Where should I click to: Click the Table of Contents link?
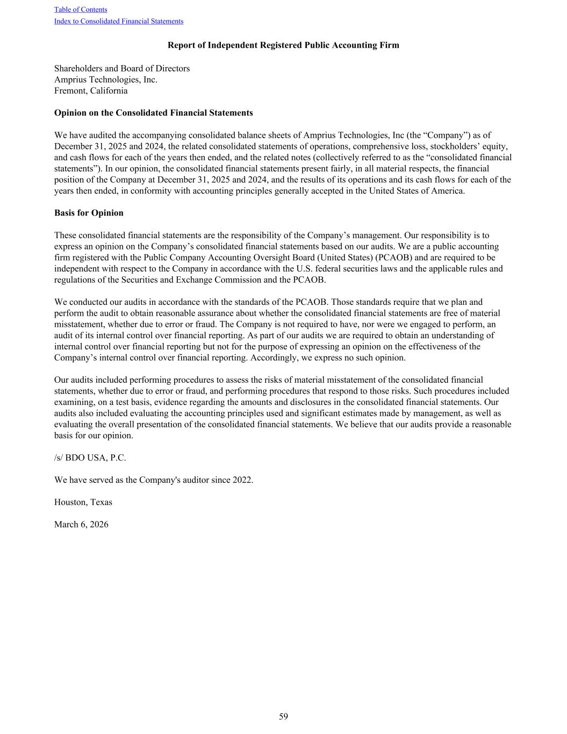81,10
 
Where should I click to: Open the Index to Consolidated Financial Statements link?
119,22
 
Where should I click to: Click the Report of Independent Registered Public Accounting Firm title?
283,45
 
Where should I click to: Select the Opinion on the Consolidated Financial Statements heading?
153,113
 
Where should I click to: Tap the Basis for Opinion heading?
89,213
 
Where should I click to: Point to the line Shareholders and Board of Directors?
122,68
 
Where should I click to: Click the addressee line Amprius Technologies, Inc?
106,80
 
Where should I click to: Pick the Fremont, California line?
91,91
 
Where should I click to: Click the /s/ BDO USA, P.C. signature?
90,458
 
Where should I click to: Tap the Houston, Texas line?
83,502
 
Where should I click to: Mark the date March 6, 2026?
81,524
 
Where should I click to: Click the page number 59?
283,716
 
